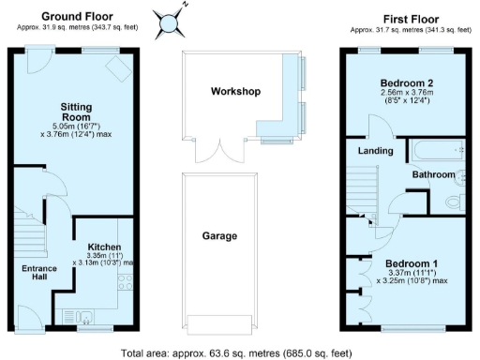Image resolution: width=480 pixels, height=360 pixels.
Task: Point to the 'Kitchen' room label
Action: tap(104, 247)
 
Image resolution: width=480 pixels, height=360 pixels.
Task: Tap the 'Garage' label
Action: tap(220, 236)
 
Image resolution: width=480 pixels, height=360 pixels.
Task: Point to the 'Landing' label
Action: tap(375, 150)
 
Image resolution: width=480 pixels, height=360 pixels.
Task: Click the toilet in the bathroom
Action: tap(455, 200)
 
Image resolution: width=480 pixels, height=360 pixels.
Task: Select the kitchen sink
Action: tap(72, 316)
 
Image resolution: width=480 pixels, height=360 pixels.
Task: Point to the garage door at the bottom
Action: tap(220, 323)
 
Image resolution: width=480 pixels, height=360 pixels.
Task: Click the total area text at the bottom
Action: tap(240, 350)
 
